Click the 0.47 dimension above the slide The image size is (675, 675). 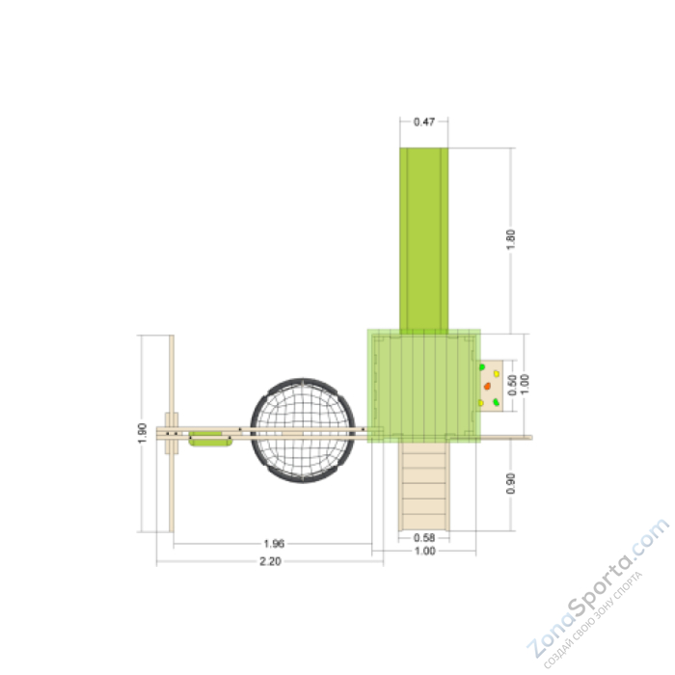pyautogui.click(x=424, y=122)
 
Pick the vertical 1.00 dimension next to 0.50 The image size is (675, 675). pyautogui.click(x=525, y=383)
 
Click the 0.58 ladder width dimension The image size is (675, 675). pyautogui.click(x=424, y=537)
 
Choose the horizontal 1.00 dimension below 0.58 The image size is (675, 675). pyautogui.click(x=424, y=552)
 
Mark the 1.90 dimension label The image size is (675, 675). pyautogui.click(x=142, y=433)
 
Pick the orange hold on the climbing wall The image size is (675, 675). pyautogui.click(x=488, y=386)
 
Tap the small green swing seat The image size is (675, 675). pyautogui.click(x=211, y=441)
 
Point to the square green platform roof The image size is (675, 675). pyautogui.click(x=424, y=384)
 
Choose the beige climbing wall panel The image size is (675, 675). pyautogui.click(x=491, y=385)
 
